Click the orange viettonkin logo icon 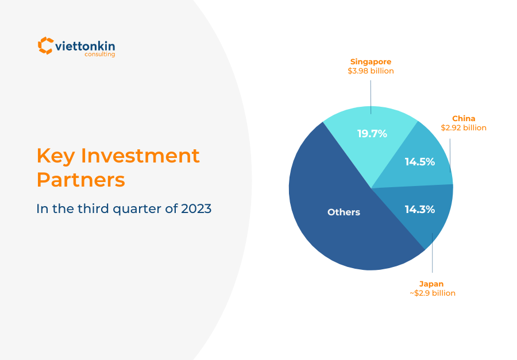(45, 45)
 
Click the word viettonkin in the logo (85, 45)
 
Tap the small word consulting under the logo (100, 55)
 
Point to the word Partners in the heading (80, 180)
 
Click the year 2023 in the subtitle (196, 208)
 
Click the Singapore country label (371, 61)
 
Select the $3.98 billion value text (371, 71)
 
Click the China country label (464, 119)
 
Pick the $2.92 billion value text (464, 127)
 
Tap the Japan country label (431, 284)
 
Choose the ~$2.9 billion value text (432, 293)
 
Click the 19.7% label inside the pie (372, 134)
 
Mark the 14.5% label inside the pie (419, 162)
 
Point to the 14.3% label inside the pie (419, 210)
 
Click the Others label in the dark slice (344, 212)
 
